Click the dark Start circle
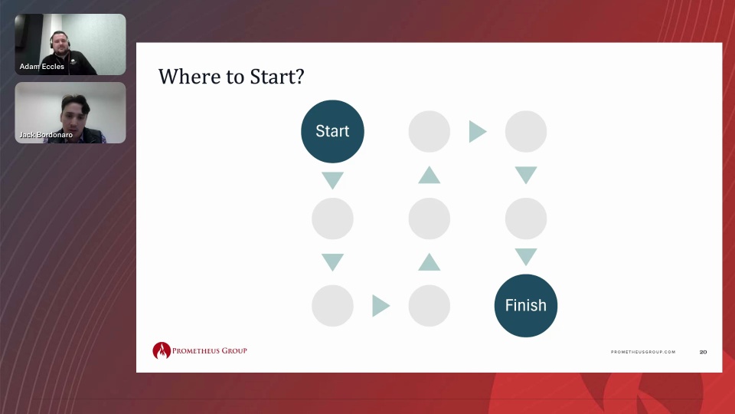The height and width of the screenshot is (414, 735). tap(332, 131)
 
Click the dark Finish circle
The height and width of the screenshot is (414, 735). tap(526, 306)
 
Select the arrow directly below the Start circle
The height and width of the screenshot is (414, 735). tap(333, 180)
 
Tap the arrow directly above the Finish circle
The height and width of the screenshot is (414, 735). tap(526, 257)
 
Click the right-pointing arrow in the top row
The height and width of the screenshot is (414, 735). tap(478, 131)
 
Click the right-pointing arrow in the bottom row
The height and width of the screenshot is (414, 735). tap(381, 306)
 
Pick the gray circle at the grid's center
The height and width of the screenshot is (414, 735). tap(430, 219)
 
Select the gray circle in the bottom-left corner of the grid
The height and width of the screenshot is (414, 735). tap(332, 306)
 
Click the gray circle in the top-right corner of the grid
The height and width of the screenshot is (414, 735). tap(526, 131)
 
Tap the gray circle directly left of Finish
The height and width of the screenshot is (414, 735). tap(430, 306)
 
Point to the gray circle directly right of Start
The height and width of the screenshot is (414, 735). tap(430, 131)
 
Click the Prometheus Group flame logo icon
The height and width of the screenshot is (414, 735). tap(162, 350)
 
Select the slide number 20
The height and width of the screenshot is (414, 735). tap(703, 352)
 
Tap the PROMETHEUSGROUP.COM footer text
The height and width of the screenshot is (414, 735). tap(643, 352)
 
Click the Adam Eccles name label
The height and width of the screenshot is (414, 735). tap(41, 67)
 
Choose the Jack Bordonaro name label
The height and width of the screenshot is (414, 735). tap(46, 135)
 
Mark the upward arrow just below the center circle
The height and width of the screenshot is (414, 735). tap(430, 262)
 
